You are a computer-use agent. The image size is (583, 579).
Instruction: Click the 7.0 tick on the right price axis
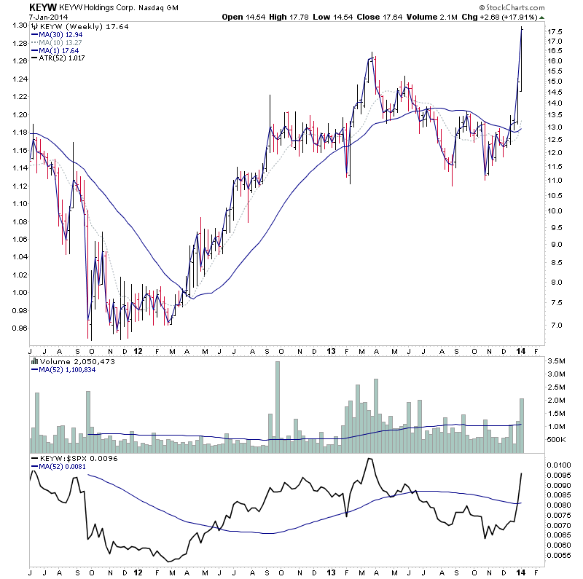(555, 326)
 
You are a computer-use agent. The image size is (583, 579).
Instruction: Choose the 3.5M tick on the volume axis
(557, 361)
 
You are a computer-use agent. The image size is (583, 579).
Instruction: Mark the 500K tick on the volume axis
(557, 440)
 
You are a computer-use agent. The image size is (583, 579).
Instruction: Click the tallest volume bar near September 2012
(277, 401)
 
